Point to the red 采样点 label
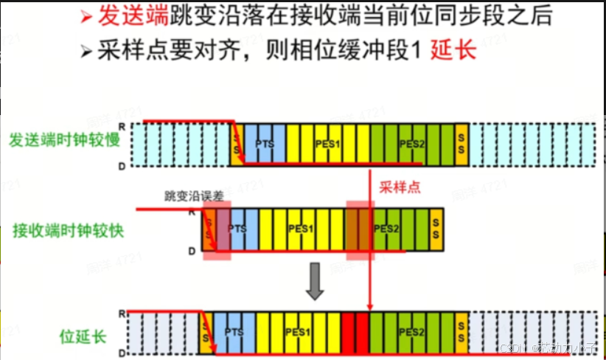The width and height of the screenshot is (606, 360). pyautogui.click(x=400, y=188)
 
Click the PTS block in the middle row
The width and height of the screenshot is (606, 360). pyautogui.click(x=237, y=229)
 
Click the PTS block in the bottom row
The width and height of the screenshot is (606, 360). pyautogui.click(x=234, y=333)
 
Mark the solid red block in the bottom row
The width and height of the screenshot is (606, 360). pyautogui.click(x=355, y=333)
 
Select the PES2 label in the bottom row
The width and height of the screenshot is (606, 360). pyautogui.click(x=413, y=333)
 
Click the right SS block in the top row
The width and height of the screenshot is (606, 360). pyautogui.click(x=462, y=143)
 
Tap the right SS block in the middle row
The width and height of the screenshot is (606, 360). pyautogui.click(x=436, y=229)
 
